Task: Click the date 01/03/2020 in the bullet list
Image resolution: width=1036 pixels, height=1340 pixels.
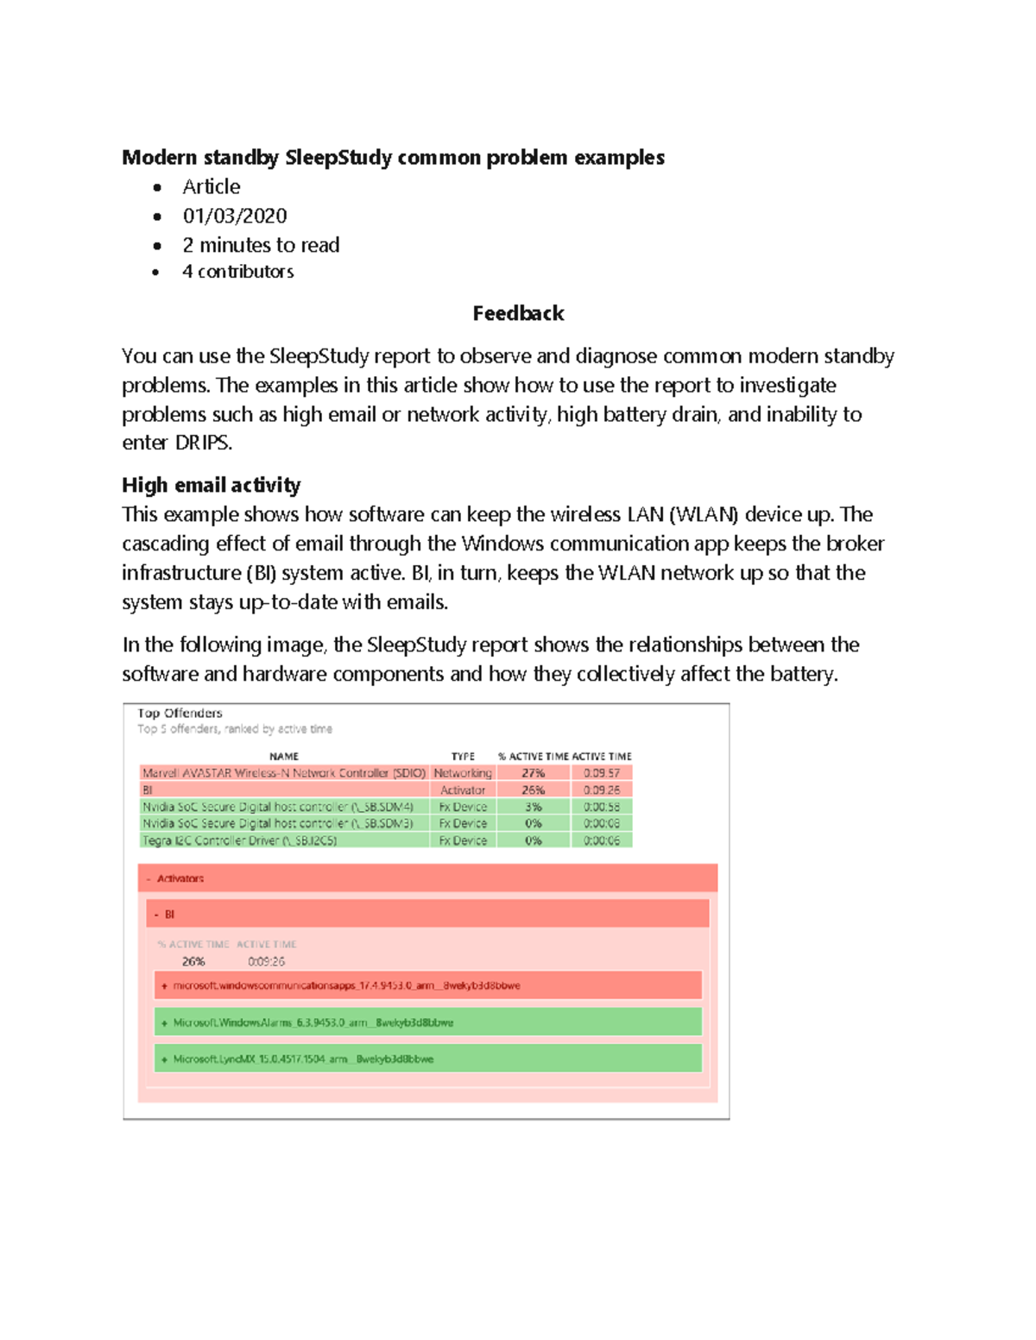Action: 234,216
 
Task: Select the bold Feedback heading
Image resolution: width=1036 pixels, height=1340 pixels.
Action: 518,313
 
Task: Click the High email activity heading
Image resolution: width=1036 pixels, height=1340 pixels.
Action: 211,485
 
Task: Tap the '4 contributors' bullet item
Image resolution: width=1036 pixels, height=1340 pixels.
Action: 237,272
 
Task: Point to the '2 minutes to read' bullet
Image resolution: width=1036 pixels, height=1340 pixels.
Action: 261,245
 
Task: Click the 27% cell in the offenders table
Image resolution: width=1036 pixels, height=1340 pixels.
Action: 533,773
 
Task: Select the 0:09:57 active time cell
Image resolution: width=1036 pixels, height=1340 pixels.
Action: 601,773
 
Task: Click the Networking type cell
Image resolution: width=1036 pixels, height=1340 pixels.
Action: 463,773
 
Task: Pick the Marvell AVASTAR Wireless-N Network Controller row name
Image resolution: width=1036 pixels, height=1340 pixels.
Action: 283,773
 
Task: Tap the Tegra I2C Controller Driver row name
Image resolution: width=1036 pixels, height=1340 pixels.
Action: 239,840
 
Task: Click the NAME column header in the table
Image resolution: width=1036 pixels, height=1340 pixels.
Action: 283,756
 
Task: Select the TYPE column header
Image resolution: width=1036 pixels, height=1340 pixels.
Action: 463,756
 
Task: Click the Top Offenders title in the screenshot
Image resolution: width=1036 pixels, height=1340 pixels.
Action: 180,713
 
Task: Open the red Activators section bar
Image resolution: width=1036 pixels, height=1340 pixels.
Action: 427,878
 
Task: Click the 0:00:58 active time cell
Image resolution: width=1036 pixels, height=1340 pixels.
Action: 601,807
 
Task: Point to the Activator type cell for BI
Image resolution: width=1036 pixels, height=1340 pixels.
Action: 463,790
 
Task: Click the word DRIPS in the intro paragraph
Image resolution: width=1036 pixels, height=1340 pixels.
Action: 203,444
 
